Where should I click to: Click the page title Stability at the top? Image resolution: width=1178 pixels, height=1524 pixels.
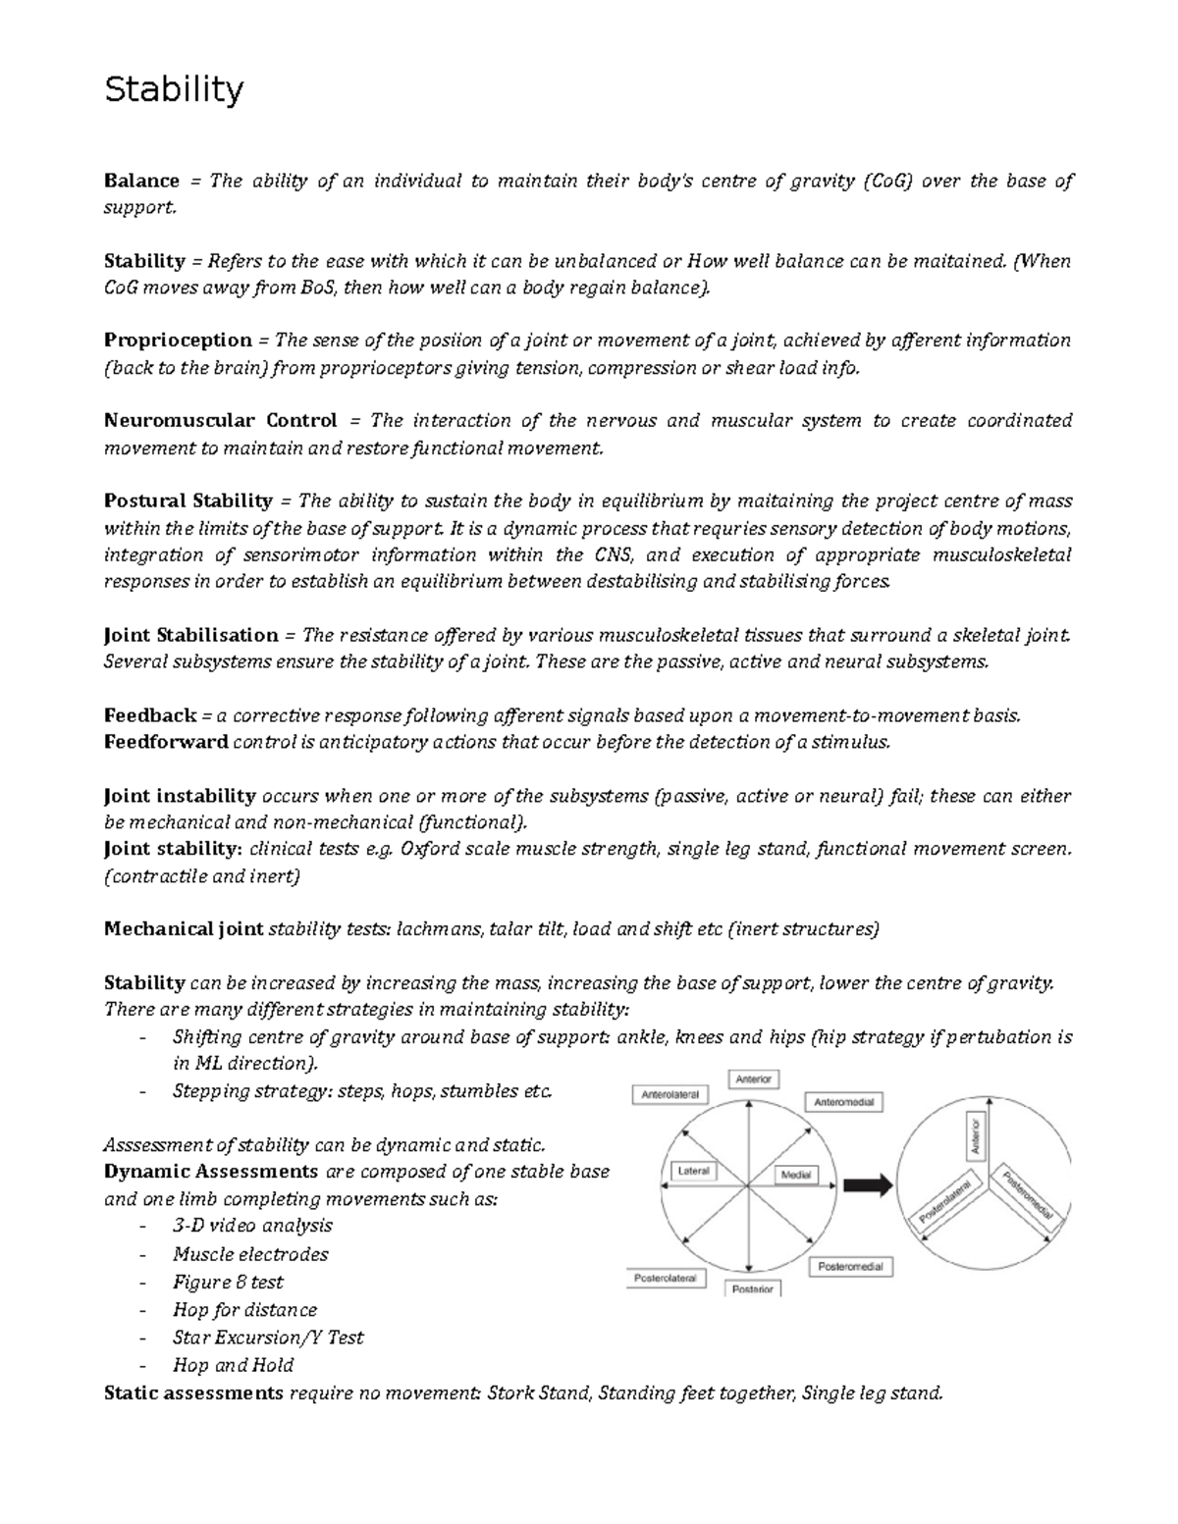point(174,90)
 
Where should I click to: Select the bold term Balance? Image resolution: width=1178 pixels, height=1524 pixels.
point(141,181)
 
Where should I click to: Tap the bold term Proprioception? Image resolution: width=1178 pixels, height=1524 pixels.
point(178,341)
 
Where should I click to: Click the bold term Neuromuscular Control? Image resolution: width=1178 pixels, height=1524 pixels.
point(220,421)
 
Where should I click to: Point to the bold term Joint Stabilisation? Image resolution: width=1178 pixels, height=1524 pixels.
point(191,635)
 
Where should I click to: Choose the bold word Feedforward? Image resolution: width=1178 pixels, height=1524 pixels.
point(166,742)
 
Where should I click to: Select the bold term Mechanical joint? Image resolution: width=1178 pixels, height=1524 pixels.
point(184,929)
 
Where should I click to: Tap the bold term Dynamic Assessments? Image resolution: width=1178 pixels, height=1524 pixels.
point(211,1172)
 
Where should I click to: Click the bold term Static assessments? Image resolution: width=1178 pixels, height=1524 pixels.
point(193,1393)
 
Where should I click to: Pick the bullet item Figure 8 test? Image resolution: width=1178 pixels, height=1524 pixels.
point(228,1282)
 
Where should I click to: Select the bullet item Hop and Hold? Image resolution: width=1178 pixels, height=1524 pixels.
point(233,1365)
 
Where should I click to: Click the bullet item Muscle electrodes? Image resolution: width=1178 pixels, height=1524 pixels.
point(250,1254)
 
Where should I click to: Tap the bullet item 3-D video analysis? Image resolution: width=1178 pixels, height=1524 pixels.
point(252,1226)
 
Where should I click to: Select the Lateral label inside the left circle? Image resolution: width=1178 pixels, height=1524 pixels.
point(693,1172)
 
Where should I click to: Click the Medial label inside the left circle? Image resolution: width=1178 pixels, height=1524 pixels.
point(794,1175)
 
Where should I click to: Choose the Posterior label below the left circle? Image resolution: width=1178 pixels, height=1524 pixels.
point(753,1288)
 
